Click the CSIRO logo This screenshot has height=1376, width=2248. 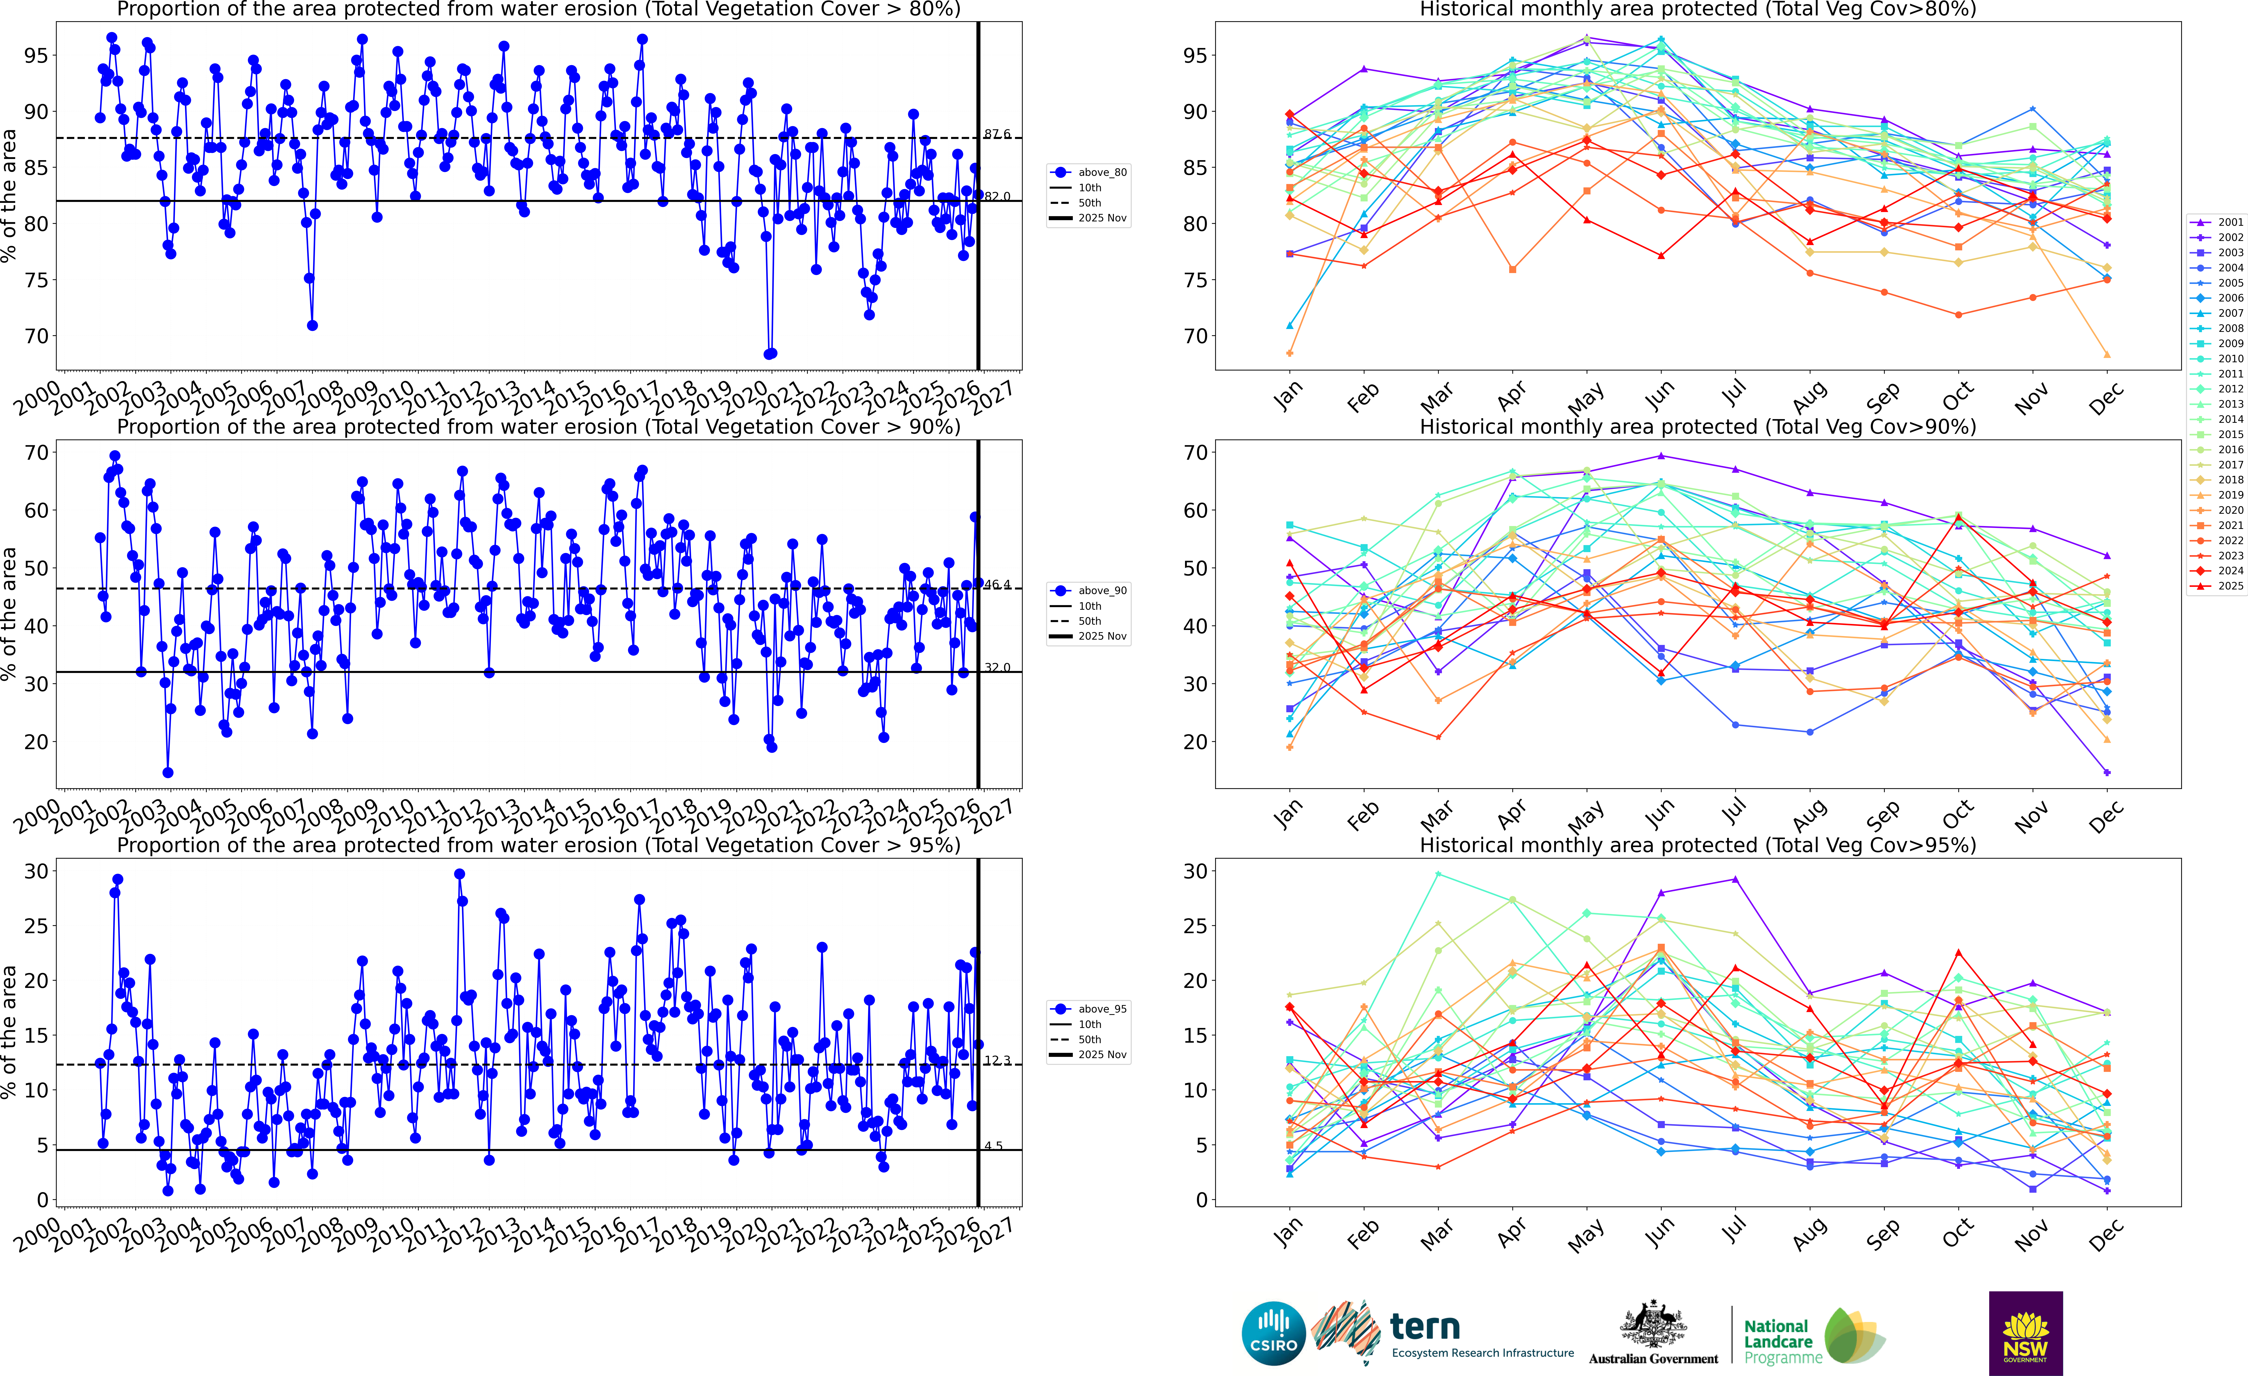pyautogui.click(x=1274, y=1333)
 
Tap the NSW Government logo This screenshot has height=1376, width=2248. pyautogui.click(x=2025, y=1333)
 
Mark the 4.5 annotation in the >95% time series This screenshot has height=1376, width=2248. pyautogui.click(x=993, y=1146)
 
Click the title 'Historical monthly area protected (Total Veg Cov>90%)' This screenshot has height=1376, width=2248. pyautogui.click(x=1698, y=427)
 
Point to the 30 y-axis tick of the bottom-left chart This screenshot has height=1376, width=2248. pyautogui.click(x=35, y=871)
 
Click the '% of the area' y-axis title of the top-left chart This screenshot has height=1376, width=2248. pyautogui.click(x=9, y=195)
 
